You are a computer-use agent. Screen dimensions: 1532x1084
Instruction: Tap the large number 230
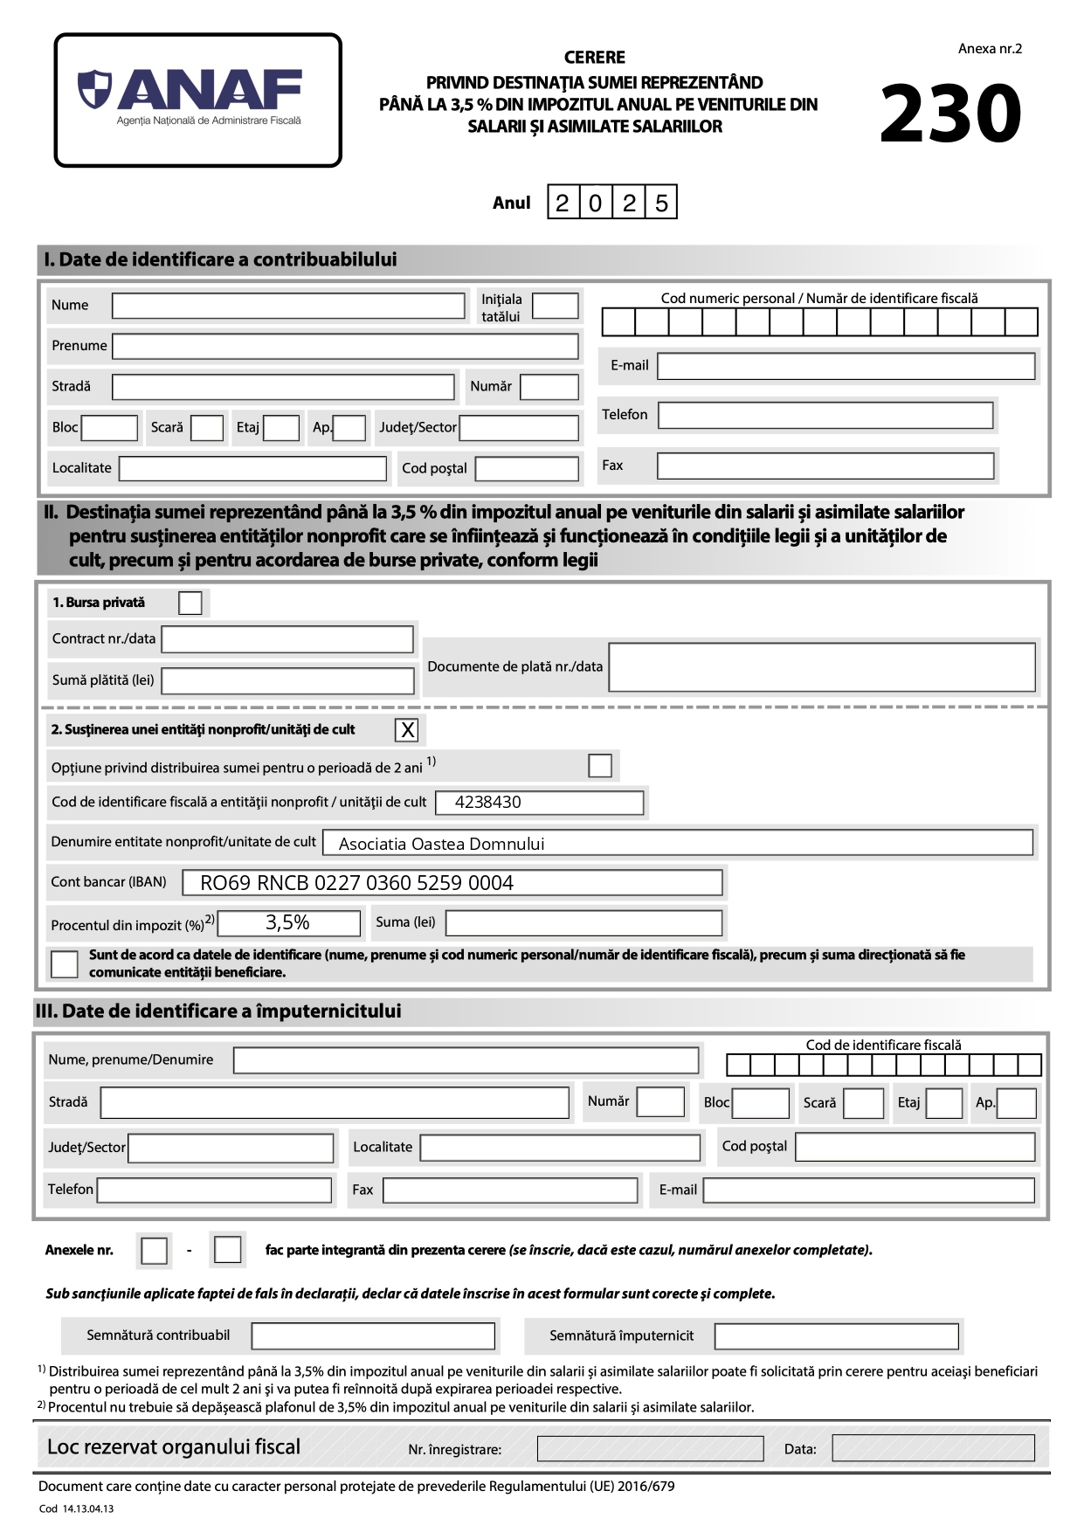point(950,114)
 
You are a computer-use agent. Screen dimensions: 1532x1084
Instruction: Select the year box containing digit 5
point(661,203)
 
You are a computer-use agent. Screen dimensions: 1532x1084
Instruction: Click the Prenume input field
point(345,346)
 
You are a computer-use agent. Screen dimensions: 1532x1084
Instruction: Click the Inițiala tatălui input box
point(555,307)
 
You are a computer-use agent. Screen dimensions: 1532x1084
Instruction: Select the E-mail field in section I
point(846,366)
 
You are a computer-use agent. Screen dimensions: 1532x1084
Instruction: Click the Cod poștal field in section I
point(527,469)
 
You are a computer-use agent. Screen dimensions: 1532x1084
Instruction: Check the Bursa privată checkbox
point(190,603)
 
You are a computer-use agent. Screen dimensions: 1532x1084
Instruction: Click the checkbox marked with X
point(407,730)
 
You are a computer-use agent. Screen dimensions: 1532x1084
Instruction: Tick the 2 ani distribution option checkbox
point(600,766)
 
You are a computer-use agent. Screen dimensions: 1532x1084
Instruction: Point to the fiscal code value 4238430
point(487,802)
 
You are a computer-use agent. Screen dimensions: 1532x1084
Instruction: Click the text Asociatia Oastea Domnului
point(441,844)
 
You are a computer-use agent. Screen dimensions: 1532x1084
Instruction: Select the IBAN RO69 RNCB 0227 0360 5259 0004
point(356,883)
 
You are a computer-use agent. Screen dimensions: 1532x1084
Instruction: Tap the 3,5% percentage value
point(287,922)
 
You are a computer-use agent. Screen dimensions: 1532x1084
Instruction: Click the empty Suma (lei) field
point(583,923)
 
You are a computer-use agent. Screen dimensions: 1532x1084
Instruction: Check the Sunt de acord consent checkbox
point(65,963)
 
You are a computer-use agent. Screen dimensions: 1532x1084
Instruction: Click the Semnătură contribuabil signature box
point(373,1335)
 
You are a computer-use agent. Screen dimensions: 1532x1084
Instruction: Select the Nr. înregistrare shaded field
point(650,1449)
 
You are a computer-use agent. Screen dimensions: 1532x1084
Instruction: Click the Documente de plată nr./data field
point(821,667)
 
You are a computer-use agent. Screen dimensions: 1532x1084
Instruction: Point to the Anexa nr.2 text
point(989,49)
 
